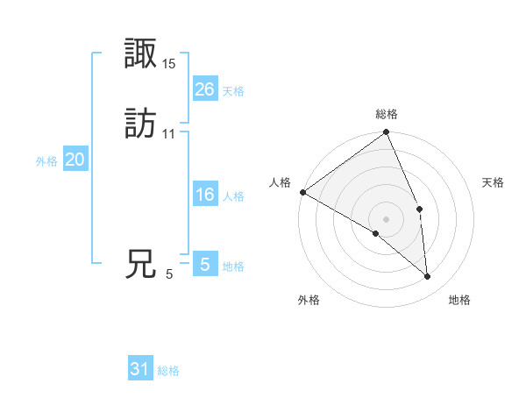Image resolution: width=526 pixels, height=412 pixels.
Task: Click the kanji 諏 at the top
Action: coord(140,54)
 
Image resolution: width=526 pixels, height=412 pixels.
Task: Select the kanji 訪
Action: coord(140,124)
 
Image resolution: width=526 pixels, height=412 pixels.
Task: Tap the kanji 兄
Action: coord(140,264)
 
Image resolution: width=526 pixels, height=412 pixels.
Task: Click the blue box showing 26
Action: coord(204,89)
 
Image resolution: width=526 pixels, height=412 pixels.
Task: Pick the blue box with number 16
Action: coord(204,195)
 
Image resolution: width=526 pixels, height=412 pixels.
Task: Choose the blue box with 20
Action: coord(75,160)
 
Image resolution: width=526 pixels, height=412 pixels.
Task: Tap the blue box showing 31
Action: coord(140,369)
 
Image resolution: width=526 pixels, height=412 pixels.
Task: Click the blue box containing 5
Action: coord(204,264)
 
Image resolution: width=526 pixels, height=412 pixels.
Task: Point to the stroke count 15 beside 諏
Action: coord(169,63)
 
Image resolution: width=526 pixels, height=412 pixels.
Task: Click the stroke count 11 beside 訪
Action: coord(169,133)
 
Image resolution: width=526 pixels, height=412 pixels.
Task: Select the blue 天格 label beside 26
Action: coord(233,91)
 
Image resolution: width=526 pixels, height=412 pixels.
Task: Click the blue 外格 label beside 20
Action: coord(46,161)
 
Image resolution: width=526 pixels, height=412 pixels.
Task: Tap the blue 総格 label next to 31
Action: coord(168,371)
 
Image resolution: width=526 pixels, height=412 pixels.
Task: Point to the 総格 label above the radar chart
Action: coord(387,114)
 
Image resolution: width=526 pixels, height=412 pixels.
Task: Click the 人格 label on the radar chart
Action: coord(281,182)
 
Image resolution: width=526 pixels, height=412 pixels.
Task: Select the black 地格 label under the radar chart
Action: coord(459,300)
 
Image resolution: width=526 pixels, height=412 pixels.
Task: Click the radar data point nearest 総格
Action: coord(387,133)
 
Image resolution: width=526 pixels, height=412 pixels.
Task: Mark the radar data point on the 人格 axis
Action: coord(302,192)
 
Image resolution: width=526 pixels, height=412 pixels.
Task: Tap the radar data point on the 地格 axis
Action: coord(428,277)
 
